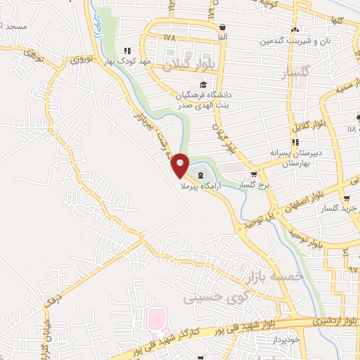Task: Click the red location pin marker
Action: point(181,165)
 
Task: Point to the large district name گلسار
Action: point(301,74)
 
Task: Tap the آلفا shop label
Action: point(221,36)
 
